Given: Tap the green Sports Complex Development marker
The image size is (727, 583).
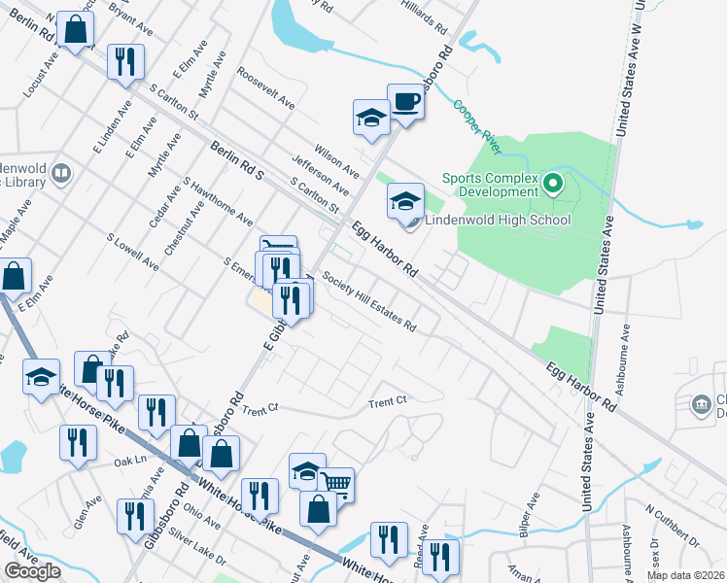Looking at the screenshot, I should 553,182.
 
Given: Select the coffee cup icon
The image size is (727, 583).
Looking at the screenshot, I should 405,100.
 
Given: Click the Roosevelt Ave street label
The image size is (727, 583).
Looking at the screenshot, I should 265,87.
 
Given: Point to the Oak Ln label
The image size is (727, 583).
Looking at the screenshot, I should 128,460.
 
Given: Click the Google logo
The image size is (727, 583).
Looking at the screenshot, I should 32,570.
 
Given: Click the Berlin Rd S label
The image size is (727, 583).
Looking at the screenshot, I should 237,161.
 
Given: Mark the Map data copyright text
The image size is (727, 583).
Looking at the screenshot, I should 685,575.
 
